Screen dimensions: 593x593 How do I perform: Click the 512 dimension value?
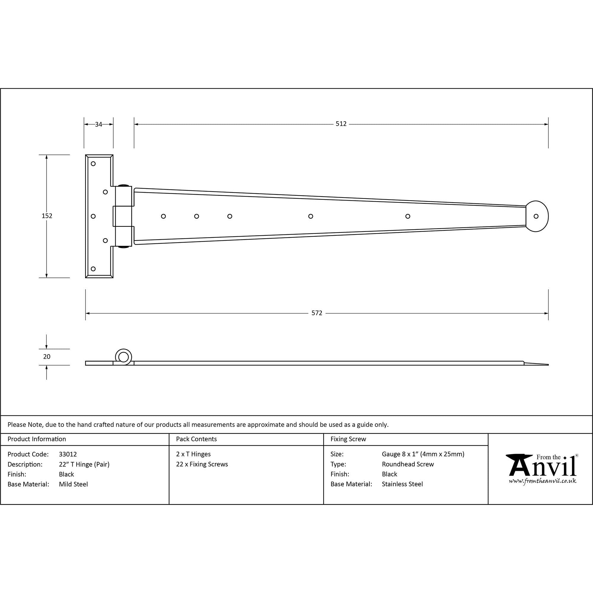coord(341,124)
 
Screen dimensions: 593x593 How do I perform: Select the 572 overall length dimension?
coord(317,313)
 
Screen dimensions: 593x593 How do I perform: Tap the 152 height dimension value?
coord(47,216)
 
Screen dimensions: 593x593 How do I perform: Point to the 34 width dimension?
coord(98,124)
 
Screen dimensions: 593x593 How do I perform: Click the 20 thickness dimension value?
coord(47,357)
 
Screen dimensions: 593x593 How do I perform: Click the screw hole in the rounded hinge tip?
coord(536,216)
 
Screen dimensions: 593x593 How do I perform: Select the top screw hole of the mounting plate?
coord(93,164)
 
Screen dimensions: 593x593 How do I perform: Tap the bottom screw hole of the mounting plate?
coord(93,269)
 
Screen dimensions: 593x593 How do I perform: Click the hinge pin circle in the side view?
coord(123,357)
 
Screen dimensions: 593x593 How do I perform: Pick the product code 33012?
coord(68,454)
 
